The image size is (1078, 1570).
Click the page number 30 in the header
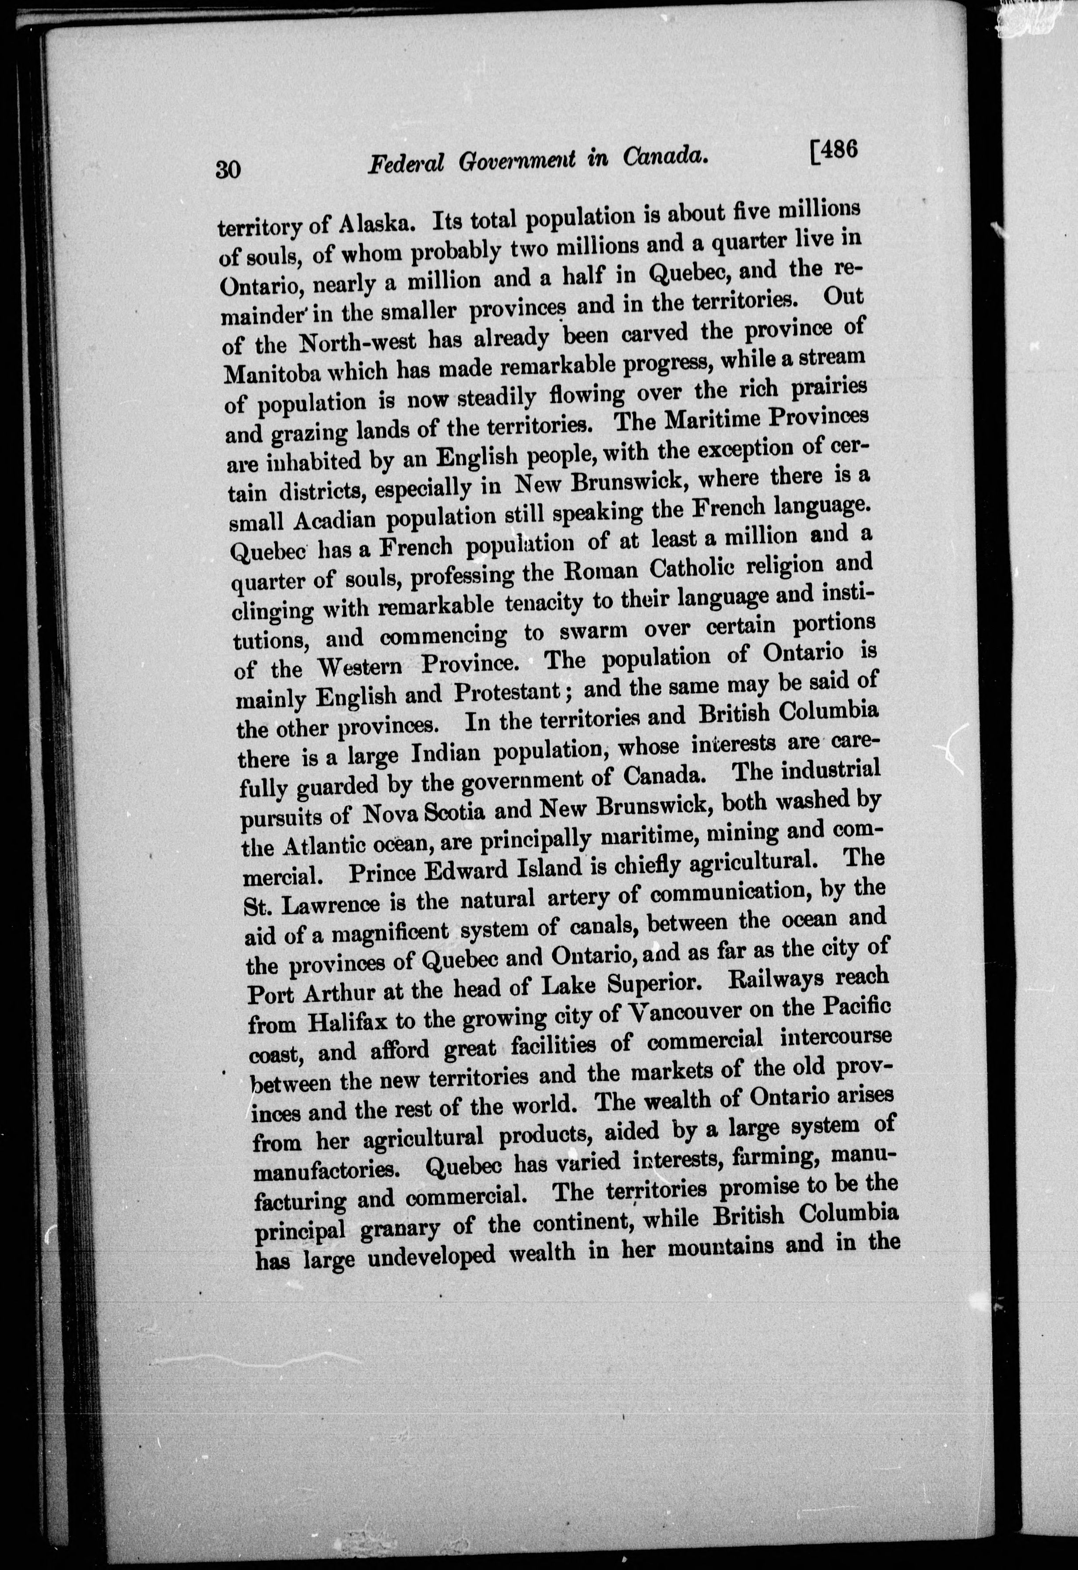(x=228, y=168)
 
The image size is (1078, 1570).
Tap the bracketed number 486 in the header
(x=832, y=151)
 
